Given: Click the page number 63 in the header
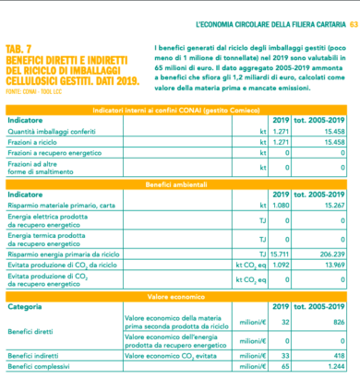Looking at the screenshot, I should [353, 20].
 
